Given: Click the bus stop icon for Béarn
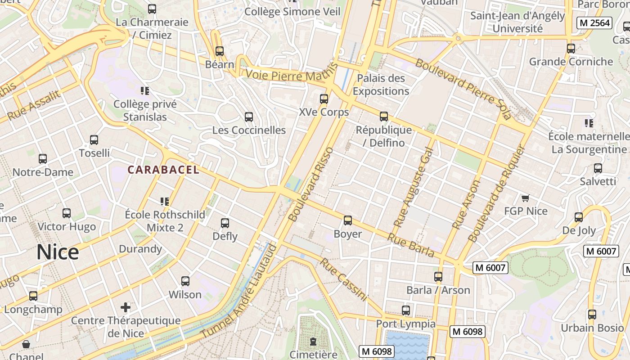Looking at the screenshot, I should (x=220, y=51).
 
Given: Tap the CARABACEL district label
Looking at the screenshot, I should (x=163, y=170).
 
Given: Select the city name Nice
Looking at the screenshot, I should (x=58, y=252).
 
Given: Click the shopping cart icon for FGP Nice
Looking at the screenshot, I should (x=525, y=198).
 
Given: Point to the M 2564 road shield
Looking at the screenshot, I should (x=594, y=23).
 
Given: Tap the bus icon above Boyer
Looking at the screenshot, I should (x=348, y=220).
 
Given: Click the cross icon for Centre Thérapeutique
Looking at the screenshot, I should (x=126, y=307).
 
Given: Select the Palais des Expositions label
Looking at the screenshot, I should (x=381, y=85).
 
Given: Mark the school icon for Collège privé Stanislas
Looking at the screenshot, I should (x=144, y=91).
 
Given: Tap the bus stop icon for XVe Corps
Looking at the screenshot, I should (x=324, y=99).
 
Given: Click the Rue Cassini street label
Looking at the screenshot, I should (x=344, y=279).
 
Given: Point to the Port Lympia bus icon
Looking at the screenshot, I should (x=406, y=310).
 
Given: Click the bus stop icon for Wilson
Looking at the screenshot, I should (x=185, y=281).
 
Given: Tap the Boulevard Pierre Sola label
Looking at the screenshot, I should (x=463, y=89).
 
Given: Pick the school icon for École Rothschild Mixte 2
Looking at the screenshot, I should (x=165, y=201).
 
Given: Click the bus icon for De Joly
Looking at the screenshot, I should (x=579, y=217).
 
